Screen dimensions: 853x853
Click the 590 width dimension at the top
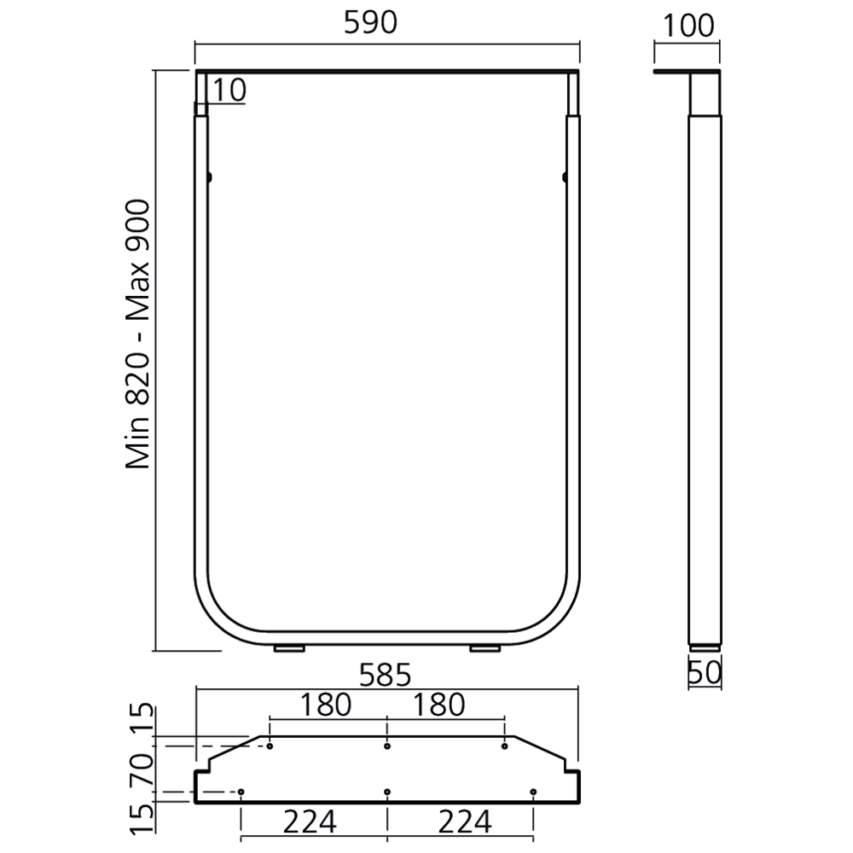[x=370, y=23]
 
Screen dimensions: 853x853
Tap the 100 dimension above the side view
[x=688, y=26]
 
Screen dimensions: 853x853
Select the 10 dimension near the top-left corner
[x=229, y=90]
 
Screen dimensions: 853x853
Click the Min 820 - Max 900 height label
[x=137, y=334]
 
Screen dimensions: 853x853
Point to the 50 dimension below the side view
[x=705, y=672]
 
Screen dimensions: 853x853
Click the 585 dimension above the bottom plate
[x=386, y=676]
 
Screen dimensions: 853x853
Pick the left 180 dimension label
[x=326, y=705]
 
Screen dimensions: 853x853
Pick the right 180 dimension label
[x=439, y=705]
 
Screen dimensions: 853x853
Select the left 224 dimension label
[x=310, y=822]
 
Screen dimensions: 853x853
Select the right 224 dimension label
[x=465, y=822]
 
